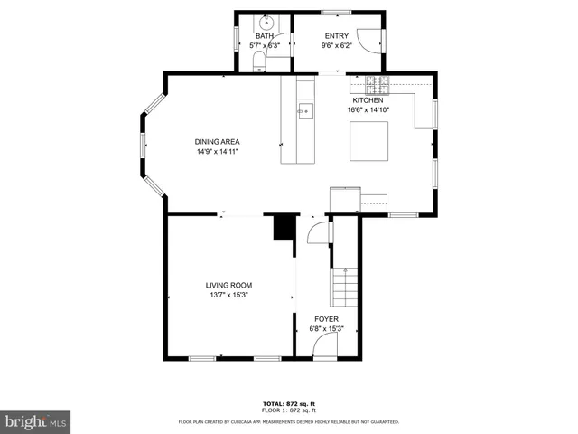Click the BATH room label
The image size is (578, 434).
coord(264,35)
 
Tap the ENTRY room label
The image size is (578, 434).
coord(336,35)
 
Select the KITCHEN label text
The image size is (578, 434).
coord(368,100)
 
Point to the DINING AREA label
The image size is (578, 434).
coord(217,141)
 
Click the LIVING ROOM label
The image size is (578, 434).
coord(228,285)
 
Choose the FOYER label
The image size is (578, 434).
coord(326,319)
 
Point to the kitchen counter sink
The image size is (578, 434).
coord(305,113)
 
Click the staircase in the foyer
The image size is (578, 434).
coord(344,288)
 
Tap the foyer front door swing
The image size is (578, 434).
coord(323,350)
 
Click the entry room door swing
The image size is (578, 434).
coord(368,39)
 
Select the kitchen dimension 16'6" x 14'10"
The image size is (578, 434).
coord(368,110)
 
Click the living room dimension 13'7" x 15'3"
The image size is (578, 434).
coord(228,295)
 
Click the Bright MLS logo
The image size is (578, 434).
coord(34,420)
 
